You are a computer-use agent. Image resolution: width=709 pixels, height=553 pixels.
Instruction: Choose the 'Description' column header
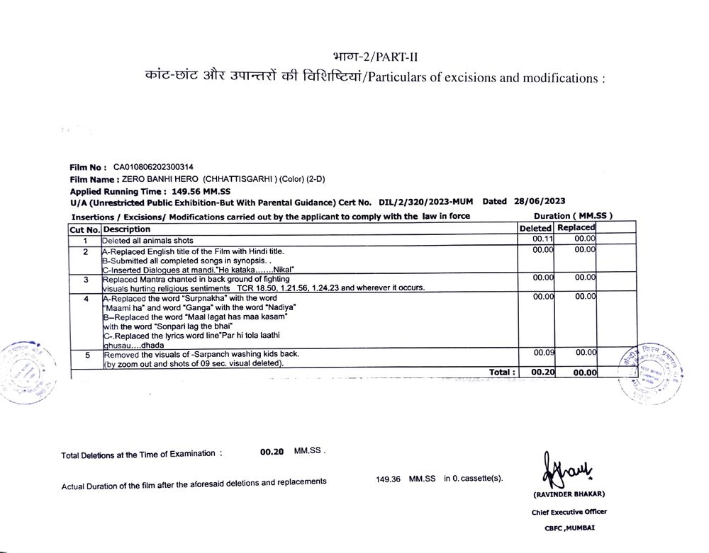point(127,229)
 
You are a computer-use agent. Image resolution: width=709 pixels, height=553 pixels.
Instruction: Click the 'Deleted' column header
point(535,229)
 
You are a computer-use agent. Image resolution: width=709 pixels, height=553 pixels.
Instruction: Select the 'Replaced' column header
point(576,228)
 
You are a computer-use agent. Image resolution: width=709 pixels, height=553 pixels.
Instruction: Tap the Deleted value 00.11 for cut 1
point(542,240)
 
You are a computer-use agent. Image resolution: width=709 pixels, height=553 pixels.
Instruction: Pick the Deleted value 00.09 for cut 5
point(544,352)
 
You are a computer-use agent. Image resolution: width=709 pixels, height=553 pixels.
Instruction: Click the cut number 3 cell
point(85,280)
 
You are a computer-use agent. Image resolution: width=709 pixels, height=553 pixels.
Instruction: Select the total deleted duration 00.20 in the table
point(542,372)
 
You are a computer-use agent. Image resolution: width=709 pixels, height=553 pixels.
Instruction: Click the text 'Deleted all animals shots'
point(147,241)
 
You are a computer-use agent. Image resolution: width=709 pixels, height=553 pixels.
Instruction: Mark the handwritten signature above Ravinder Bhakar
point(568,469)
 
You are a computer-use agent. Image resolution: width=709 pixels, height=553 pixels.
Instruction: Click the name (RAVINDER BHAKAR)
point(569,494)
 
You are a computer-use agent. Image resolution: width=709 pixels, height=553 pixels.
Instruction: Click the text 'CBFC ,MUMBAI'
point(569,528)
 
